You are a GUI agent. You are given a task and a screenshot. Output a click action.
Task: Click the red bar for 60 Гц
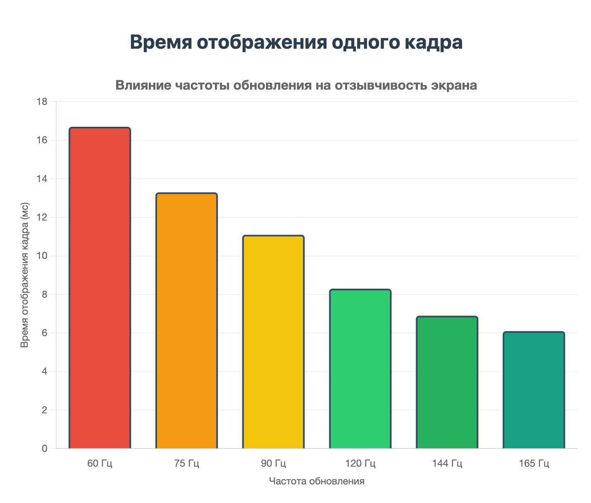click(100, 288)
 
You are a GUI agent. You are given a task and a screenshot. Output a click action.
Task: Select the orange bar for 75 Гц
click(186, 321)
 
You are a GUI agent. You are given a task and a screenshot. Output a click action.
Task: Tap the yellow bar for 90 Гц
click(273, 342)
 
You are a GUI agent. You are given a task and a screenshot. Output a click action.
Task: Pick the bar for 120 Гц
click(360, 369)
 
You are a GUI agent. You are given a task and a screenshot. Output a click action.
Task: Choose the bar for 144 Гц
click(447, 382)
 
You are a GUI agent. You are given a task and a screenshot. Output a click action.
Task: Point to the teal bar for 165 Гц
click(534, 390)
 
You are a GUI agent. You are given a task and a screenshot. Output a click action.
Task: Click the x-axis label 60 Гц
click(100, 464)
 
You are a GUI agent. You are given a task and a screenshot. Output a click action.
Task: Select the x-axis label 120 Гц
click(360, 464)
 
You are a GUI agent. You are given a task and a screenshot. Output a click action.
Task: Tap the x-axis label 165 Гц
click(534, 464)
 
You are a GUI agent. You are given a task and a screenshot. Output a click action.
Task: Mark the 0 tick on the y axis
click(45, 449)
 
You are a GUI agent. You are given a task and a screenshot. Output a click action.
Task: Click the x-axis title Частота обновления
click(317, 481)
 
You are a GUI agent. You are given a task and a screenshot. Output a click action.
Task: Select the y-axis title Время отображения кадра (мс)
click(25, 275)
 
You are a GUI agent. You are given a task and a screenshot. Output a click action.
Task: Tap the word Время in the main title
click(161, 43)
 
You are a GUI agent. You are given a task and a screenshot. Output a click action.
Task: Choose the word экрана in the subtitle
click(454, 85)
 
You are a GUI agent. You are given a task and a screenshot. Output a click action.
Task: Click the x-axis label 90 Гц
click(273, 464)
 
